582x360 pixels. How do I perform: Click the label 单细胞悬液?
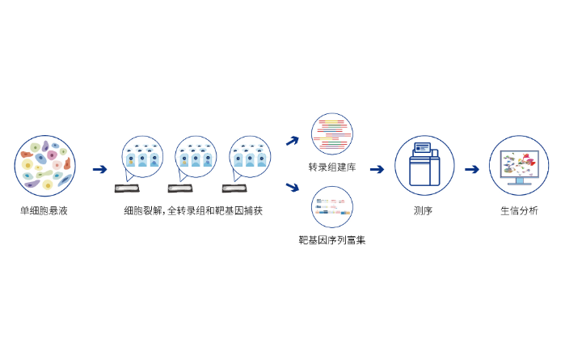[44, 210]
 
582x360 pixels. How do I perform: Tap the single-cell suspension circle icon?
[44, 166]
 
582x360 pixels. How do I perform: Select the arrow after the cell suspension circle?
[99, 169]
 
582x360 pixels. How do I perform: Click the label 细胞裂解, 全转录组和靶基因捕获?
[193, 210]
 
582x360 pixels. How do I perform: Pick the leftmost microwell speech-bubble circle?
[142, 157]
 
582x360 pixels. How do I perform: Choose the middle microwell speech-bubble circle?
[196, 157]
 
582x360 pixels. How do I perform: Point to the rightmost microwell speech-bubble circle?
[250, 157]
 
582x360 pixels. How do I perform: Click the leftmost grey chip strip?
[126, 188]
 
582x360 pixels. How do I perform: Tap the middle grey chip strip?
[180, 188]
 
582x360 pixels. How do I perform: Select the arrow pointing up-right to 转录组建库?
[292, 141]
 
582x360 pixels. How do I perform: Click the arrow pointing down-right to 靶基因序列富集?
[292, 189]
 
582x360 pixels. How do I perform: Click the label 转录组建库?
[331, 167]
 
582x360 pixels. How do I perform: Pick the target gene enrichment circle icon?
[331, 206]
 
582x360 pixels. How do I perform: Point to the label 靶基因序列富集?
[331, 240]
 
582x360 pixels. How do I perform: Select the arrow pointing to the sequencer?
[377, 169]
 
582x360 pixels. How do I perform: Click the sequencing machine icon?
[424, 165]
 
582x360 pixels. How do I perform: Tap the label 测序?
[424, 210]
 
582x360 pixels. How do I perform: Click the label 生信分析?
[519, 210]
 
